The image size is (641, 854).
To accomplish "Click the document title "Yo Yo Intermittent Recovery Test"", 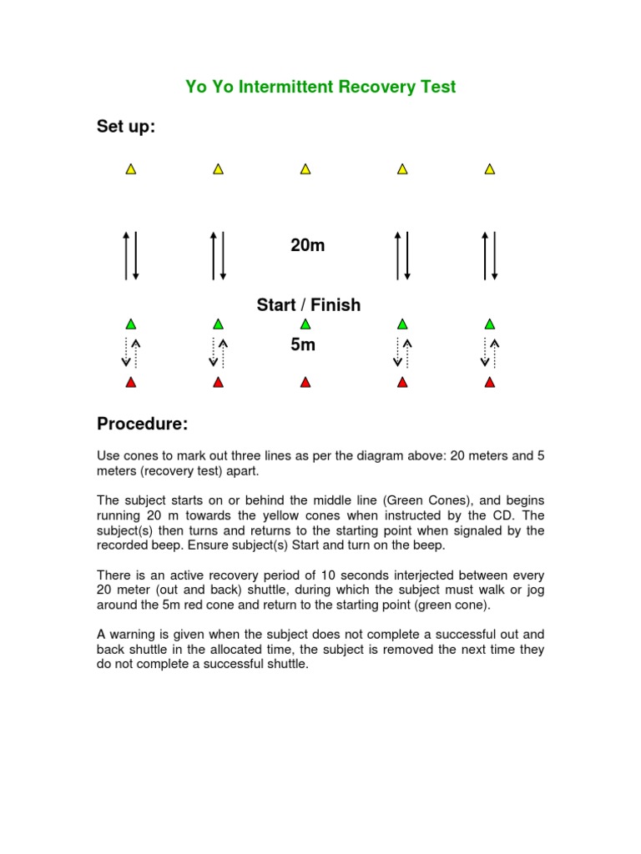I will [320, 87].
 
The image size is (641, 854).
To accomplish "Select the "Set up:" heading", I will [126, 127].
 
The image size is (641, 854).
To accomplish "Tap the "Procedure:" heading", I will [143, 424].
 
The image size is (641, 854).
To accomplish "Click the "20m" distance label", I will [307, 245].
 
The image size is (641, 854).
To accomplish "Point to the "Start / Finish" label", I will [309, 305].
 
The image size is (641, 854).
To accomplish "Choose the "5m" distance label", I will [303, 344].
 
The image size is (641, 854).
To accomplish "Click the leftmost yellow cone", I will [130, 169].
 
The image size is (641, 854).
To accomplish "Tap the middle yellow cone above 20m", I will [305, 169].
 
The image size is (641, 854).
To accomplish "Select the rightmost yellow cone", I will [490, 169].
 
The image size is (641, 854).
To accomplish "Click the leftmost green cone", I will [130, 324].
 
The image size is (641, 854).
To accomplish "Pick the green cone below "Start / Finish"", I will [305, 324].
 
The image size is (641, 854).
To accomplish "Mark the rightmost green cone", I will [490, 324].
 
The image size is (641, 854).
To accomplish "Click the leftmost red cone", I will [130, 383].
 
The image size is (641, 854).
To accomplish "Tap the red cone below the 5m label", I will [305, 383].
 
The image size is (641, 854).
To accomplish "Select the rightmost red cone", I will [490, 383].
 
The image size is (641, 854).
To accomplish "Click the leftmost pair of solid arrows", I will [130, 254].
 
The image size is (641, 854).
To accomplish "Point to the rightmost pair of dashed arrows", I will [490, 353].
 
